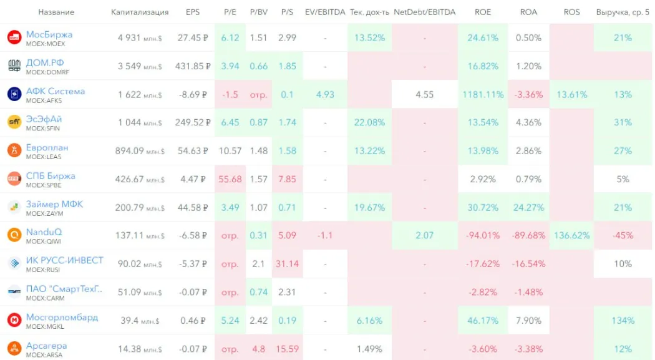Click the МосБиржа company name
49,34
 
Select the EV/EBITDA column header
324,12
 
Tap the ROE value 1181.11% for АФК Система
482,95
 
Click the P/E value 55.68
230,179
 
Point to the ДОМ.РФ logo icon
14,66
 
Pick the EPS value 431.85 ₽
193,66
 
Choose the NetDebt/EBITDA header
424,12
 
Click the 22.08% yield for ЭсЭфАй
369,123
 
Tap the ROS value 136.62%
571,236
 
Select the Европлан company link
47,147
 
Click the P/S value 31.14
287,264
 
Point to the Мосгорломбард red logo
14,320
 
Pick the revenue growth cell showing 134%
623,321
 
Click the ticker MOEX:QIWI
44,242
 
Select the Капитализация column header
140,12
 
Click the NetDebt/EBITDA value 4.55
424,95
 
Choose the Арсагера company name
46,346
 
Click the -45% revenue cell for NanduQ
623,236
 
